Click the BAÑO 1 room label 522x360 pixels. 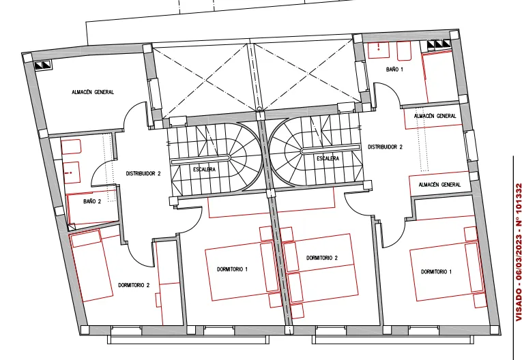(x=394, y=70)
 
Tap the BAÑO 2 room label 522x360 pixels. (x=92, y=201)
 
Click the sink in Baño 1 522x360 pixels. (x=379, y=50)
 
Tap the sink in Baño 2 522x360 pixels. (x=70, y=172)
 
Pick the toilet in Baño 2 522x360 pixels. (x=71, y=147)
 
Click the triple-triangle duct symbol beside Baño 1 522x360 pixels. (x=439, y=44)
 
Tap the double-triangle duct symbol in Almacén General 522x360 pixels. (x=43, y=65)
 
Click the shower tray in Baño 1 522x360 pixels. (x=439, y=76)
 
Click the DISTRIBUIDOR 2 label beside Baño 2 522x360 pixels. (x=143, y=173)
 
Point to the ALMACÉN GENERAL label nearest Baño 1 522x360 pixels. (x=435, y=116)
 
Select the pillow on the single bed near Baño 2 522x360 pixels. (x=86, y=238)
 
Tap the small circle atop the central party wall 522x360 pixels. (x=259, y=109)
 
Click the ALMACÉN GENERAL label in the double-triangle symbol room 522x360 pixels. (x=93, y=92)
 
